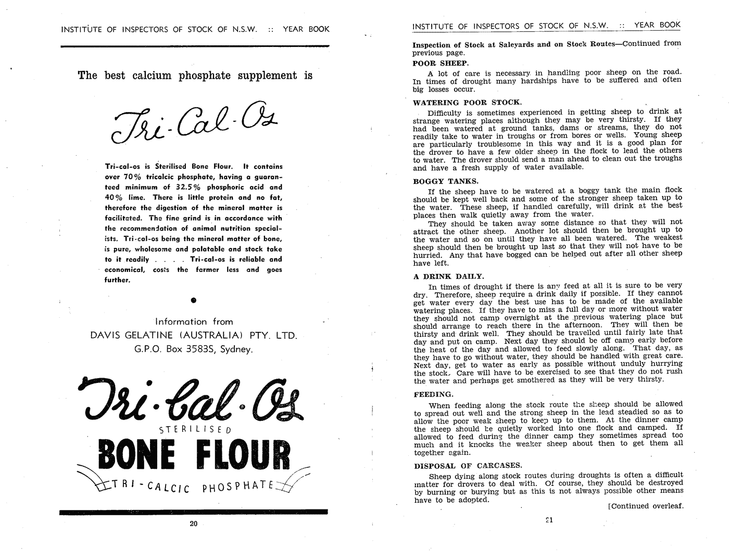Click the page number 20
[194, 524]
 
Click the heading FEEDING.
[433, 394]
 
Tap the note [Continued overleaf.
[645, 506]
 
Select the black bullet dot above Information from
[193, 300]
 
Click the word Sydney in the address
[236, 350]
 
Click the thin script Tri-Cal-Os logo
[193, 122]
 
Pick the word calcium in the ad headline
[152, 76]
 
